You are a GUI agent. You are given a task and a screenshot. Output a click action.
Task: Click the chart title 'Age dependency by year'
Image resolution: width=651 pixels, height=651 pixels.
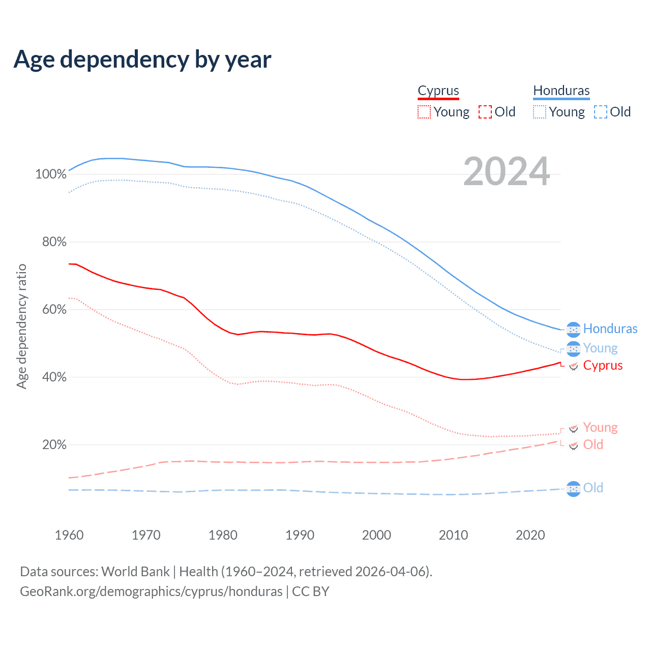click(x=142, y=60)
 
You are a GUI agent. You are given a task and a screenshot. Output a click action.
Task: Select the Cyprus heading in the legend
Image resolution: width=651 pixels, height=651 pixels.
click(x=438, y=91)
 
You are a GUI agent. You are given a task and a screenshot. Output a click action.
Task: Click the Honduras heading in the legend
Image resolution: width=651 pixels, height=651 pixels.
click(x=561, y=91)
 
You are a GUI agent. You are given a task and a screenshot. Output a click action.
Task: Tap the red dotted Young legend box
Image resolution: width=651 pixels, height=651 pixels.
click(x=424, y=112)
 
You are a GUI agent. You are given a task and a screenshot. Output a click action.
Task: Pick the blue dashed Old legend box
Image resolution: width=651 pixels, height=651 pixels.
click(x=600, y=112)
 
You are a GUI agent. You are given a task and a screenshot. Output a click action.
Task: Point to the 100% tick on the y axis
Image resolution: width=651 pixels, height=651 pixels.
click(x=51, y=174)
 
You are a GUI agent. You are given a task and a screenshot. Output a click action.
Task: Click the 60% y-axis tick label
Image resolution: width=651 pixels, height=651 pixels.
click(x=54, y=310)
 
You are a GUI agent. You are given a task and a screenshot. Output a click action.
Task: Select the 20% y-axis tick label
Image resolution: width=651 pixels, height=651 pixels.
click(x=54, y=445)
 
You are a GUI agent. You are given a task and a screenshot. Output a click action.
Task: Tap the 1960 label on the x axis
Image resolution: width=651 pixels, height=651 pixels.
click(x=69, y=535)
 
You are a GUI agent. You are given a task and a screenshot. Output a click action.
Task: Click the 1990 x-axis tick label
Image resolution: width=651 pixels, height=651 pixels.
click(x=300, y=535)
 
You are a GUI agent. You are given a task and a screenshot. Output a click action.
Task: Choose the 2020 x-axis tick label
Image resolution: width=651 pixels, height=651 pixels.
click(x=530, y=535)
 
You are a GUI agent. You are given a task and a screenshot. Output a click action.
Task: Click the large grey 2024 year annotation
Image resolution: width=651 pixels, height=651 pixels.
click(x=507, y=172)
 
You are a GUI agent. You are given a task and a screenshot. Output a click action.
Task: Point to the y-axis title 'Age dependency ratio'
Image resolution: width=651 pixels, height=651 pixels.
click(x=21, y=326)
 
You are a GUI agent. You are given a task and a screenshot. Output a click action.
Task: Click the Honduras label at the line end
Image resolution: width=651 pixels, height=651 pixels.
click(x=610, y=329)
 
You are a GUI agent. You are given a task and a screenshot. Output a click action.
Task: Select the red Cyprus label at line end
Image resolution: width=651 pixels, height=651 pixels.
click(x=603, y=366)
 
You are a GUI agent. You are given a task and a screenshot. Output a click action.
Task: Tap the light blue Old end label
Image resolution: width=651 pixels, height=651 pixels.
click(x=593, y=488)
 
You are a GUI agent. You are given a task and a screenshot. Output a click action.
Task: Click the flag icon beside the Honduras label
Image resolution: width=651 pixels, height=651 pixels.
click(x=573, y=330)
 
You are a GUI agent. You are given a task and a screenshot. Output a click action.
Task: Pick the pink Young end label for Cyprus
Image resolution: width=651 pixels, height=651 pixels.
click(x=600, y=428)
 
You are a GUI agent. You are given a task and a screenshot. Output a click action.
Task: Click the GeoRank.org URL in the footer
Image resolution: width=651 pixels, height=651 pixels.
click(x=151, y=591)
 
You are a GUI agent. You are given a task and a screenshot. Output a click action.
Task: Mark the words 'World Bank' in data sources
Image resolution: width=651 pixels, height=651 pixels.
click(x=135, y=572)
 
